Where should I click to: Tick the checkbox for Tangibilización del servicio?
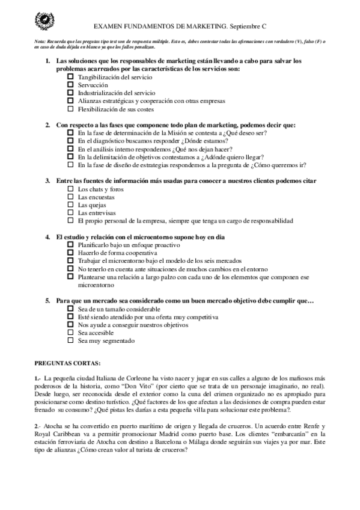tap(70, 78)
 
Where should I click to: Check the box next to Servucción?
tap(70, 85)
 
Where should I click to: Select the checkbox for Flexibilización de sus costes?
tap(70, 109)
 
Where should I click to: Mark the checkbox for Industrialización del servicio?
tap(70, 93)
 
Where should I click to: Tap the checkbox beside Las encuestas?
tap(70, 197)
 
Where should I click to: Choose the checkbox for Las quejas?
tap(70, 205)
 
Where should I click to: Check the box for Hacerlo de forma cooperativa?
tap(70, 253)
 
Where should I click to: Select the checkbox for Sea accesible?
tap(70, 333)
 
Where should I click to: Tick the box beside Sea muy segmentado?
tap(70, 340)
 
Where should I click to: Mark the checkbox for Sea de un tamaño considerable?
tap(70, 309)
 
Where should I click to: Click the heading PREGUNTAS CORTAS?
tap(67, 364)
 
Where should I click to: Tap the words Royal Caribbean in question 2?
tap(58, 434)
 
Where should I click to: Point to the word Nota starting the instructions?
tap(40, 40)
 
